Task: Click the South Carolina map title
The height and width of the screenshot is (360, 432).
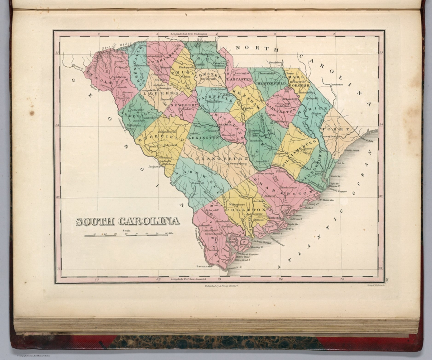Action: coord(128,221)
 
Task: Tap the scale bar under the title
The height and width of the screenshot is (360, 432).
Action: coord(126,235)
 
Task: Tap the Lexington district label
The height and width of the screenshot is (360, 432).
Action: coord(204,138)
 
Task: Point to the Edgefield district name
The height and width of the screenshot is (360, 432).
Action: coord(160,139)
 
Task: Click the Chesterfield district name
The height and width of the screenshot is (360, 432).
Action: coord(270,84)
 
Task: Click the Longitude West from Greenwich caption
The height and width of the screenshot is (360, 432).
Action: coord(189,279)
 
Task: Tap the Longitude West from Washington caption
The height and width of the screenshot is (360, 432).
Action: coord(189,34)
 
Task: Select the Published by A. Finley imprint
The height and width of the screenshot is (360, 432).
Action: coord(220,286)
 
